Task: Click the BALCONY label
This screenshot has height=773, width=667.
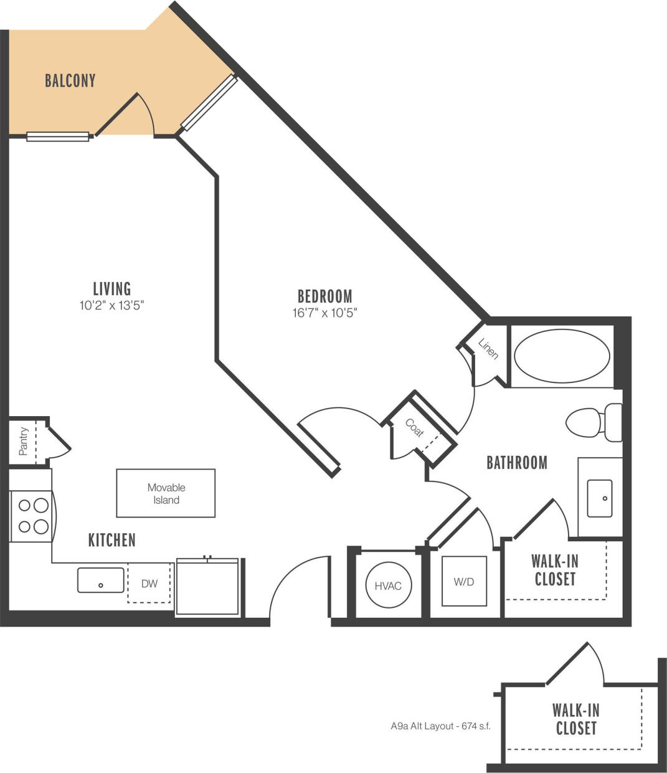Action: (70, 80)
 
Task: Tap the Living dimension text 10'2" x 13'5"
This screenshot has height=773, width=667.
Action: (112, 305)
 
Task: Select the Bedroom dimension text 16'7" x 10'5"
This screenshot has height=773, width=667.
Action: (324, 313)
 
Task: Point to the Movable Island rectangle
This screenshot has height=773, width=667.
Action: (166, 493)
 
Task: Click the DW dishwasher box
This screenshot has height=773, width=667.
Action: (149, 584)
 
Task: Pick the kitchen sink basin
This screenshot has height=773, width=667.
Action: (100, 580)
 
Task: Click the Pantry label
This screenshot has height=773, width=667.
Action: (24, 441)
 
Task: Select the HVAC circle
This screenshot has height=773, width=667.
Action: (388, 586)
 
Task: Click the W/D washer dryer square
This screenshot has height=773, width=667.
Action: (464, 581)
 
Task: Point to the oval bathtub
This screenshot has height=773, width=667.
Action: (562, 356)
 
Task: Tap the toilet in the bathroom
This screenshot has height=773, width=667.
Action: (594, 422)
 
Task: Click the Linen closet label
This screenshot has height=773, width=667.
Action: (488, 349)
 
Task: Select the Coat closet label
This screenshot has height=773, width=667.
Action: (414, 428)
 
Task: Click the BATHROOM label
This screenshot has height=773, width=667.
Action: (516, 462)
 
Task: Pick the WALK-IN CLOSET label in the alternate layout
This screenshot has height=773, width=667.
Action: (575, 719)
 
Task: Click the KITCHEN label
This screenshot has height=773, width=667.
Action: (111, 540)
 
